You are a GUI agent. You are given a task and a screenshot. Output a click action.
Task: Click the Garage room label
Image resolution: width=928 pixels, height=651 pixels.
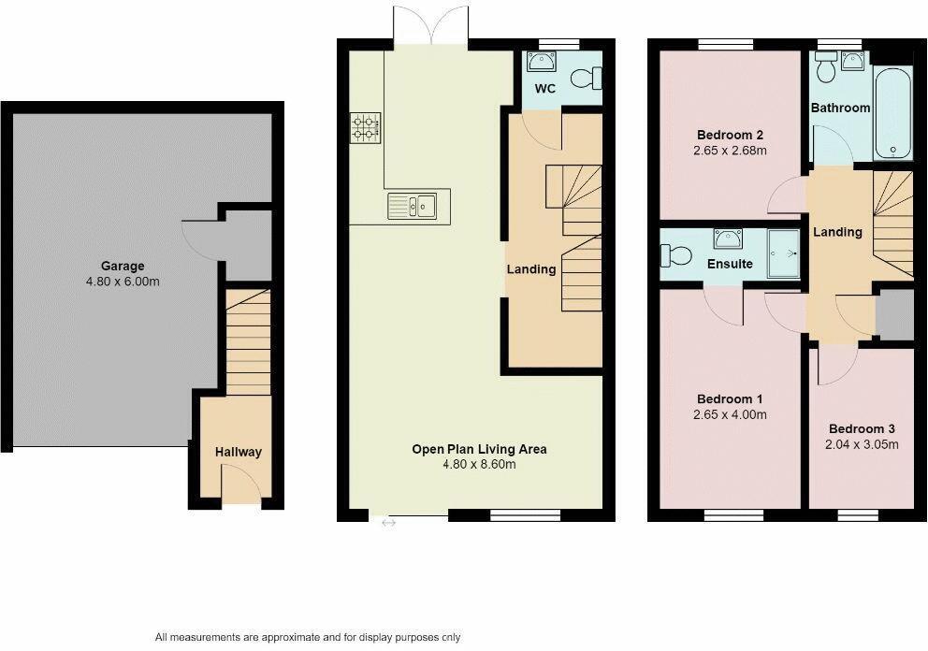123,267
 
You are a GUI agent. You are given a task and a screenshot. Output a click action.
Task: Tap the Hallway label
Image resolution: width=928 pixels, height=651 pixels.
239,452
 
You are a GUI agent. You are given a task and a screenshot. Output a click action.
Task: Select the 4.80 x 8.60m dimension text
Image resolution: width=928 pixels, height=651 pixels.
479,464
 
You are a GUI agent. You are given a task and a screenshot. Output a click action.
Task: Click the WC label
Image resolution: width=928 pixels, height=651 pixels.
545,89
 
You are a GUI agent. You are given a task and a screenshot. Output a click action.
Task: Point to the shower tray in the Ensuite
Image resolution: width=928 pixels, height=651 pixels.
783,254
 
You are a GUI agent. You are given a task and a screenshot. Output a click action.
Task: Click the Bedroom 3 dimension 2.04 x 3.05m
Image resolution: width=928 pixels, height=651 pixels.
863,444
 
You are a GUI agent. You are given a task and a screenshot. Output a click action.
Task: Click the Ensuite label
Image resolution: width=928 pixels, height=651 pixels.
730,264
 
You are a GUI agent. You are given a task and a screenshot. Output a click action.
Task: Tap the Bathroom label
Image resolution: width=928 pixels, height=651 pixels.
840,108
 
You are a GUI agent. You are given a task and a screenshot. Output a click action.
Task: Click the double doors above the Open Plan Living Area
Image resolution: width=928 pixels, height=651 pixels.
430,26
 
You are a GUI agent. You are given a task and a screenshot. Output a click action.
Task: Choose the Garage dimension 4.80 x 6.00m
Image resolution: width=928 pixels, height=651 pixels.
123,282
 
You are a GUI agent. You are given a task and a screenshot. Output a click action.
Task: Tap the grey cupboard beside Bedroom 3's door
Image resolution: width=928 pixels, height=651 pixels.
894,313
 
